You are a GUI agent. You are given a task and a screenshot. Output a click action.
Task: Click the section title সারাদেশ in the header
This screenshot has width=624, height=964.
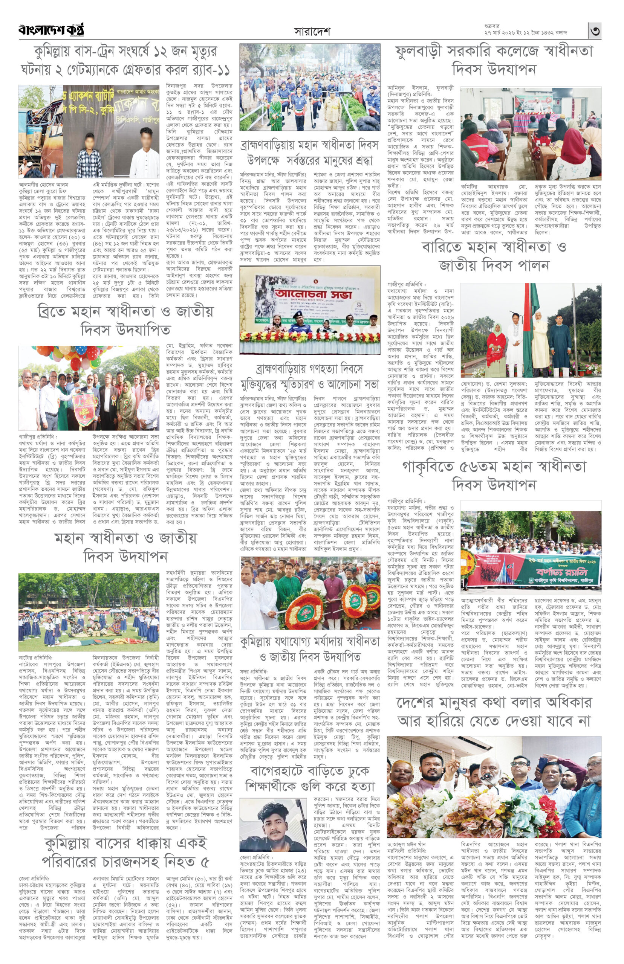(x=312, y=31)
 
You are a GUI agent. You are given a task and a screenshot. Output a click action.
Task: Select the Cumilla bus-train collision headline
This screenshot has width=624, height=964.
(x=125, y=60)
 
